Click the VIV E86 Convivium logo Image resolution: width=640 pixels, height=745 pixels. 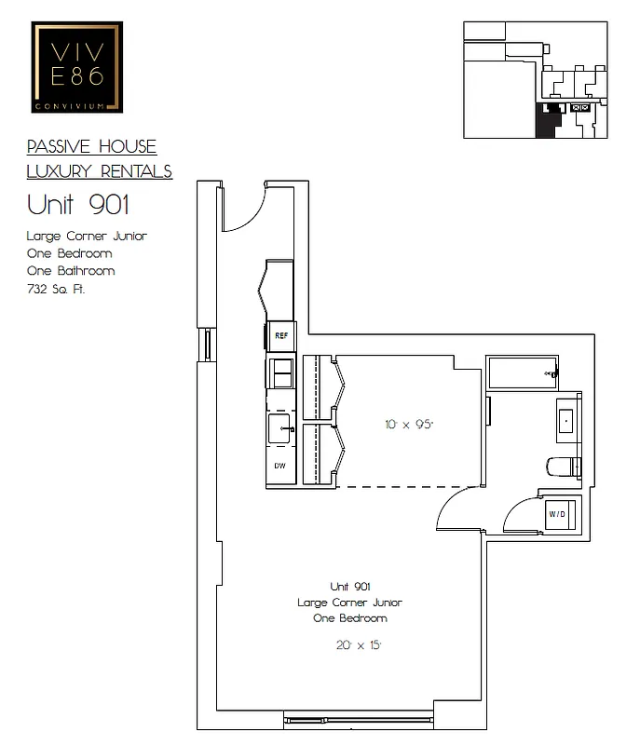point(77,67)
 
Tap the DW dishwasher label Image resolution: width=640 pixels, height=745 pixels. point(279,465)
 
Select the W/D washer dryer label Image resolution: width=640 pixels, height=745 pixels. point(557,513)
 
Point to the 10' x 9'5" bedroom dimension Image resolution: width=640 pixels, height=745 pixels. point(409,424)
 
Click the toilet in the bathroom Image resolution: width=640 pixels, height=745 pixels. point(564,466)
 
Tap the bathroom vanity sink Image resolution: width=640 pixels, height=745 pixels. point(565,420)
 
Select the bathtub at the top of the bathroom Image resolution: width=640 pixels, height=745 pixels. point(522,373)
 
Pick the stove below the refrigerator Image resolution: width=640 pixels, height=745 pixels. point(280,372)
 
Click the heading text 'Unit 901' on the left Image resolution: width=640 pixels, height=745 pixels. point(78,203)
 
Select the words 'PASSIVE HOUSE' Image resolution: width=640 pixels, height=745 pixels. point(91,147)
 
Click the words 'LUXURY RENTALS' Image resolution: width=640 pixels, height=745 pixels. point(99,170)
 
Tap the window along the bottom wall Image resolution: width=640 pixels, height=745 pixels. point(358,720)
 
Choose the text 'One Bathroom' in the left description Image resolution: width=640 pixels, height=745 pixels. point(71,271)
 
